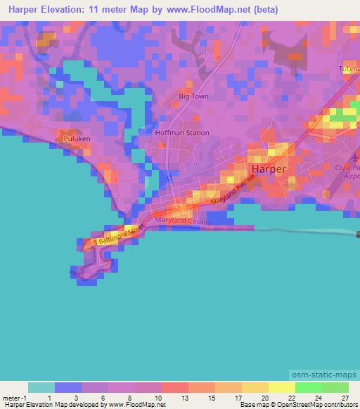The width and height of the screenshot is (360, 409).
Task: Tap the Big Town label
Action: click(195, 96)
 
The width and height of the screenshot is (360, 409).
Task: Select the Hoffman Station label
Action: click(182, 132)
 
